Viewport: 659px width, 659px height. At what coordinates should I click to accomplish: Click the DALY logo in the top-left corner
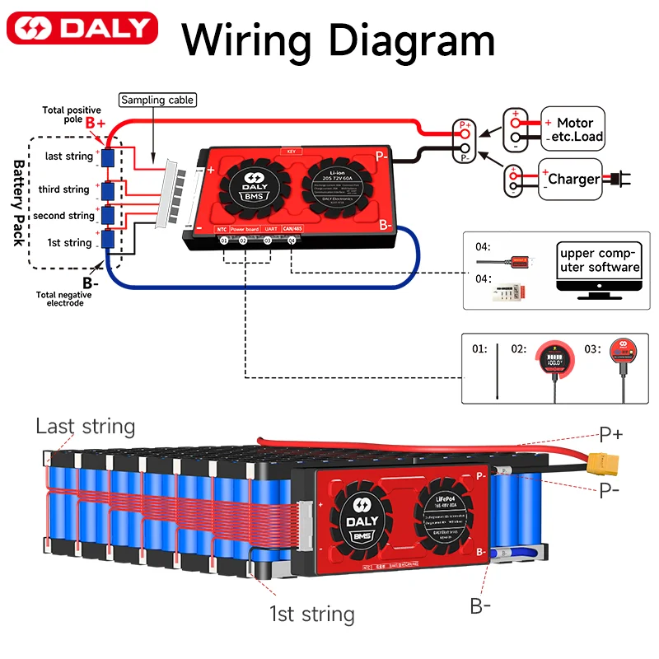[82, 28]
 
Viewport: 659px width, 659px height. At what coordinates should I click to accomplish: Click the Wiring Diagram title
[338, 38]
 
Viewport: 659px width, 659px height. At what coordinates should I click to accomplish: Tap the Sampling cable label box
[157, 100]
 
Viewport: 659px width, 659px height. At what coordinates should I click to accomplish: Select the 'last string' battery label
[69, 157]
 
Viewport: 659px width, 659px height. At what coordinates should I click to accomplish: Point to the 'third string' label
[63, 189]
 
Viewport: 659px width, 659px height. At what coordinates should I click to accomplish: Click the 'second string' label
[63, 216]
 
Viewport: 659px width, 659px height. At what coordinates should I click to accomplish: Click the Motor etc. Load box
[573, 129]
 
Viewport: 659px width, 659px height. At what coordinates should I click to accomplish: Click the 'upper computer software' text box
[598, 259]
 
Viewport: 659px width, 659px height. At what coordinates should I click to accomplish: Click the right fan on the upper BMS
[336, 183]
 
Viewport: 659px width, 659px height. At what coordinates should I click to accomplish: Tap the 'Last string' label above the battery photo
[85, 427]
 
